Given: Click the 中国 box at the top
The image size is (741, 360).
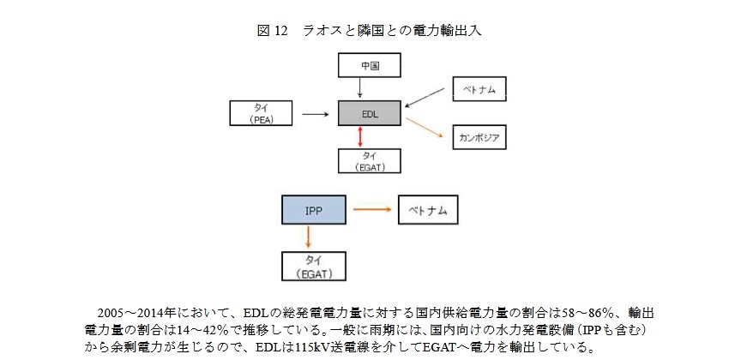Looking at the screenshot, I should coord(370,64).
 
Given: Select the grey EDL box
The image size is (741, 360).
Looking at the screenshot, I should coord(370,112).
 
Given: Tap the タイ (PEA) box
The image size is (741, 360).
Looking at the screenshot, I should coord(262,112).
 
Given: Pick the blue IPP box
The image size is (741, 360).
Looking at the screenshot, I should coord(312,209).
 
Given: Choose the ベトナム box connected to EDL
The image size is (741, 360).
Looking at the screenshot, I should coord(479,89).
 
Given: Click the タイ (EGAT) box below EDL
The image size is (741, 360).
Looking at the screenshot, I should coord(370,160).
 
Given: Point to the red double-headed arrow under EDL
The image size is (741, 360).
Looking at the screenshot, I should coord(360,136).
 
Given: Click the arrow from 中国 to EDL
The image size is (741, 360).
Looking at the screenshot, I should coord(360,87).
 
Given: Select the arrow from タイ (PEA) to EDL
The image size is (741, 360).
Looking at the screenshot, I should coord(315,112).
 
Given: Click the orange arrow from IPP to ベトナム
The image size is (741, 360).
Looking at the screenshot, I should coord(371,209).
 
